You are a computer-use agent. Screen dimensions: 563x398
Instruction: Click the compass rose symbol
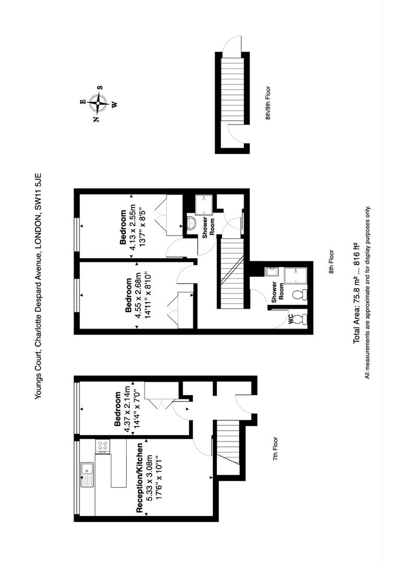tap(98, 103)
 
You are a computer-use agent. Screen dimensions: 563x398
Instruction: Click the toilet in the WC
tap(299, 319)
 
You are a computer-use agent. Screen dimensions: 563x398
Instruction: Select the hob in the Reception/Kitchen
tap(102, 446)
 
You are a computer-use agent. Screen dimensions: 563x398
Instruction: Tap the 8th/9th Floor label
tap(268, 103)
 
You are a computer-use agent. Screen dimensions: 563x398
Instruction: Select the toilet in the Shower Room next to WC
tap(298, 295)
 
